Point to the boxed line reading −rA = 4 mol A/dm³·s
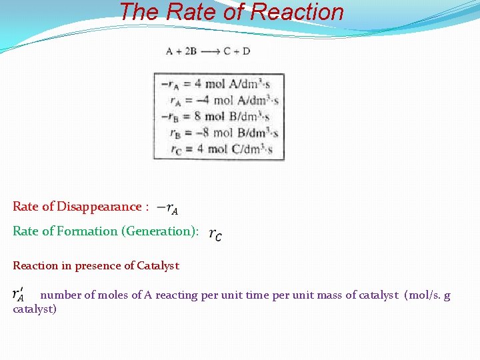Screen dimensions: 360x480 coord(219,84)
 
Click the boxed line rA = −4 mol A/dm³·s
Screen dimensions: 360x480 coord(224,101)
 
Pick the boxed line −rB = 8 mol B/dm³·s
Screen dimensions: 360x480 coord(219,117)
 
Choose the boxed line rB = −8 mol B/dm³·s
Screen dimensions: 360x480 coord(224,133)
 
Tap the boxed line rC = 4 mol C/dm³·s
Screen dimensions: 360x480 coord(224,149)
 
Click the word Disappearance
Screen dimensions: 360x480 coord(99,207)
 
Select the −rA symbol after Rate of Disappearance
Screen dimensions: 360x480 coord(167,209)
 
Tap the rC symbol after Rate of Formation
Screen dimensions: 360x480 coord(215,234)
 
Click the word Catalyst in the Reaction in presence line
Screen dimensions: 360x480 coord(158,266)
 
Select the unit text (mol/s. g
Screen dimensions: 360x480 coord(427,295)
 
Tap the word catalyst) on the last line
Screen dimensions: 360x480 coord(35,309)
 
